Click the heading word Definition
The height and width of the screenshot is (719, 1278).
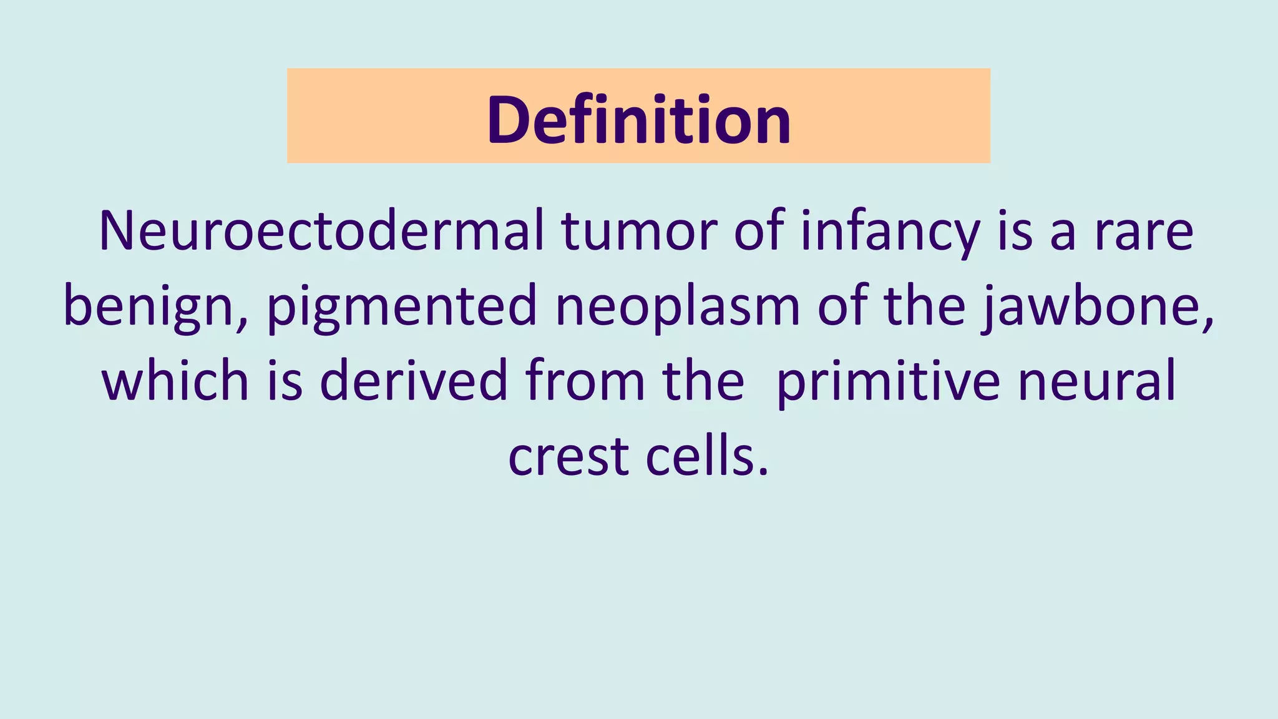point(638,119)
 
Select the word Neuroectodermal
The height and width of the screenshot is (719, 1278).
point(321,232)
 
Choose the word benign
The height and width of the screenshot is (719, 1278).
point(148,306)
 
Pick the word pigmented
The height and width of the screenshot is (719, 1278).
point(402,306)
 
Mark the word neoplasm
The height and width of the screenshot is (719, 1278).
point(678,306)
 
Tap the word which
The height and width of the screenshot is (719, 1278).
point(175,381)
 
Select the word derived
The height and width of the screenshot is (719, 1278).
point(414,381)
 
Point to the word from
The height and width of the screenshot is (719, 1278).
point(585,381)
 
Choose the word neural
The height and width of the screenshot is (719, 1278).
point(1096,381)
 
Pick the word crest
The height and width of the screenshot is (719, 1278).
point(568,456)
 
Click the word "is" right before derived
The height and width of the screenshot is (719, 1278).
point(285,381)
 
